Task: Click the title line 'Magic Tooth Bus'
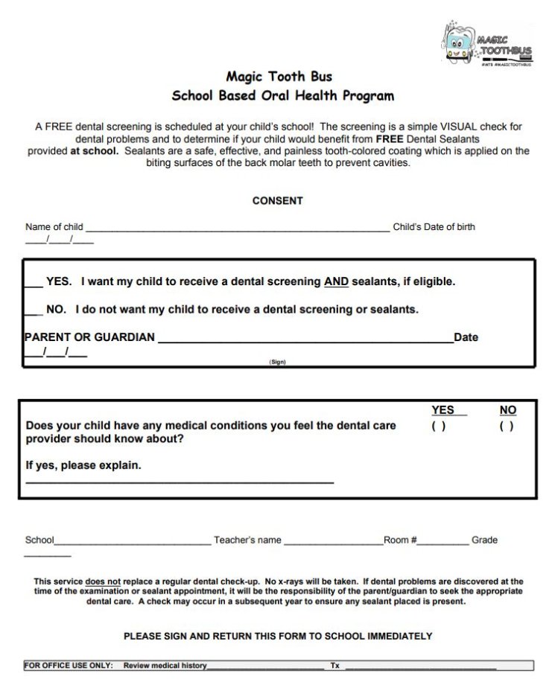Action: (279, 77)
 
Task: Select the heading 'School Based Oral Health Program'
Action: (282, 96)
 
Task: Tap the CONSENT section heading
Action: (277, 201)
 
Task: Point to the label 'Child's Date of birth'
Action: (434, 227)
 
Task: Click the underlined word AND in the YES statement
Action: (336, 282)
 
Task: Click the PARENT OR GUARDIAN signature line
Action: (305, 342)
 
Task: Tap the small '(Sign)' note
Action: (277, 363)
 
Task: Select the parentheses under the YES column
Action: (439, 427)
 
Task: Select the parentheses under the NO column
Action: (507, 427)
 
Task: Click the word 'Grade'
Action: (484, 541)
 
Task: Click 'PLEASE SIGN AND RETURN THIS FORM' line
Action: (277, 637)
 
